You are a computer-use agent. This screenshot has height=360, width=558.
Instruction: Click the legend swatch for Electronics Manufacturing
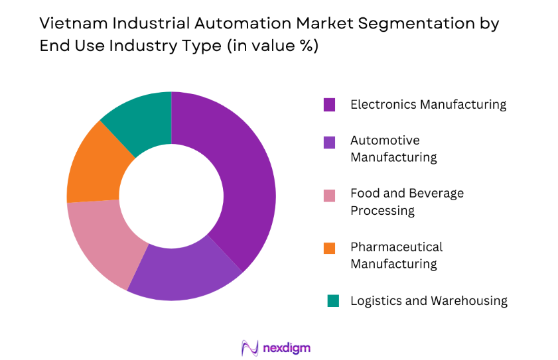(x=330, y=105)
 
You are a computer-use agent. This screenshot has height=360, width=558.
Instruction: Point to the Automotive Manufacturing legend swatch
(x=330, y=141)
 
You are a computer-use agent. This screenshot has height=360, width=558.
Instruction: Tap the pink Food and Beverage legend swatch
(x=330, y=194)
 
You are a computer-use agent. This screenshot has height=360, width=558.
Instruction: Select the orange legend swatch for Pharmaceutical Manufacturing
(x=330, y=247)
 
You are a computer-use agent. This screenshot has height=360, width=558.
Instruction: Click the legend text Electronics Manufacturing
(x=428, y=105)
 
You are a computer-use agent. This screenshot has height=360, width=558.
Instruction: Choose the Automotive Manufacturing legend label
(x=393, y=149)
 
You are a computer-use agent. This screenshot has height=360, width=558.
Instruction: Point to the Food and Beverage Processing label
(x=407, y=202)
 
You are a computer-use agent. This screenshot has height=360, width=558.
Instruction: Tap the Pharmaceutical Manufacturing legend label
(x=396, y=255)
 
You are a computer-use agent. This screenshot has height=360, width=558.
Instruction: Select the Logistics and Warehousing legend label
(x=429, y=300)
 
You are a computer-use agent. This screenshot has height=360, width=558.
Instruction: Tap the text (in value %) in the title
(x=269, y=47)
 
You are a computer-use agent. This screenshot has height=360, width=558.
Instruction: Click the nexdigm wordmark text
(x=287, y=347)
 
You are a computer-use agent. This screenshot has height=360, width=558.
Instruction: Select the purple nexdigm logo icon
(x=249, y=347)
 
